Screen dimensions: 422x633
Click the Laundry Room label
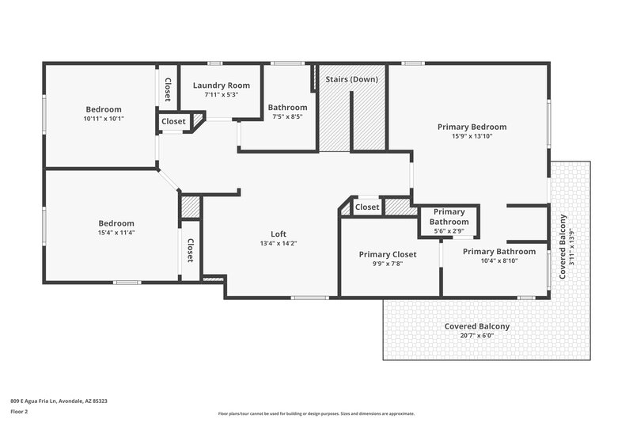222,85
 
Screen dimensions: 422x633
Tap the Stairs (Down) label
351,79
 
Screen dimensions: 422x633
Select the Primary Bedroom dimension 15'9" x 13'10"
472,136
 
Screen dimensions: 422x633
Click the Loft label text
279,234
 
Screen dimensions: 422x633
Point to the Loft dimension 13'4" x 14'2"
279,244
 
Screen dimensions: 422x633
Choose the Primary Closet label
387,254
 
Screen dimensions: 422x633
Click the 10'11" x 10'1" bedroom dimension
104,119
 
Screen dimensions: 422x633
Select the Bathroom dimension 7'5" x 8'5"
287,116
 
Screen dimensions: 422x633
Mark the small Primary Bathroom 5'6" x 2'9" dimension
449,231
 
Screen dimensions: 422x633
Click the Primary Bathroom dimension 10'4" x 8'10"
498,260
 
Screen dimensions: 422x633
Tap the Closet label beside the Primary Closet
367,207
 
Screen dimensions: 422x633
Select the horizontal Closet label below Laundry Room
174,121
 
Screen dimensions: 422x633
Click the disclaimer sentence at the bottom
316,413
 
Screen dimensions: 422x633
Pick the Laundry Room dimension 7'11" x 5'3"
222,94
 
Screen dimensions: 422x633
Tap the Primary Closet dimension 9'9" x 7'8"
387,264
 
